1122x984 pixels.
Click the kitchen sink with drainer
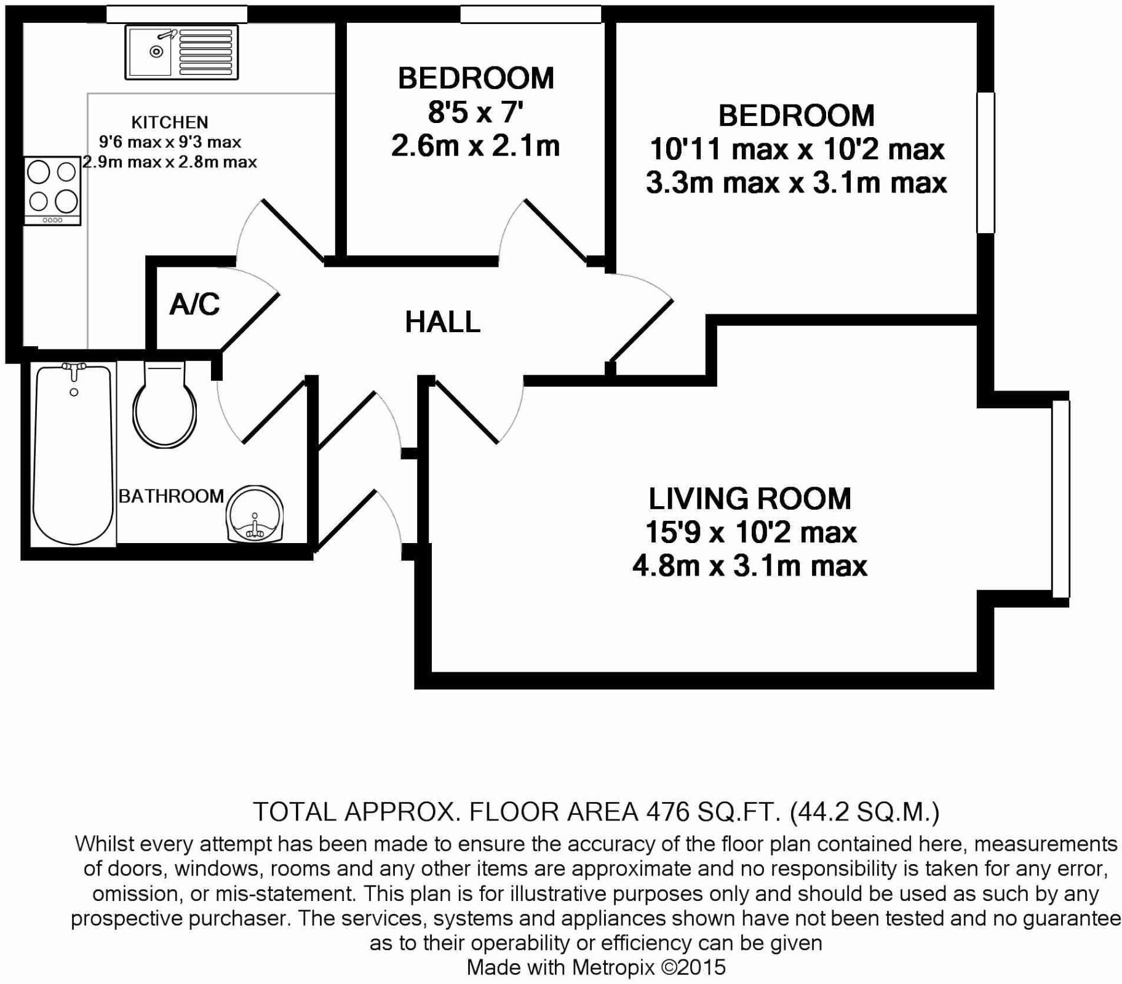click(x=181, y=52)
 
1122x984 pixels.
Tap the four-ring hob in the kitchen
click(x=52, y=190)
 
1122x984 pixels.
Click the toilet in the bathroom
click(x=164, y=406)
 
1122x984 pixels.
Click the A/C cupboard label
click(x=194, y=304)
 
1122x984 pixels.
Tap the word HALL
click(x=442, y=322)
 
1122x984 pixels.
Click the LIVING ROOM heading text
click(x=750, y=499)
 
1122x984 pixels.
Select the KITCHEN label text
click(x=170, y=122)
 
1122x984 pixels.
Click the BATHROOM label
click(x=171, y=496)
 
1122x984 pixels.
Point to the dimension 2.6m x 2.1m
click(x=475, y=146)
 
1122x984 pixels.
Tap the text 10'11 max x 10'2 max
click(x=797, y=149)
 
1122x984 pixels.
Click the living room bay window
click(x=1060, y=499)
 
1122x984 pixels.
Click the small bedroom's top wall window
click(x=530, y=14)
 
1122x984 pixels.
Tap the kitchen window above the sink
click(x=177, y=14)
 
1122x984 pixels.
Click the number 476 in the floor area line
click(x=668, y=812)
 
